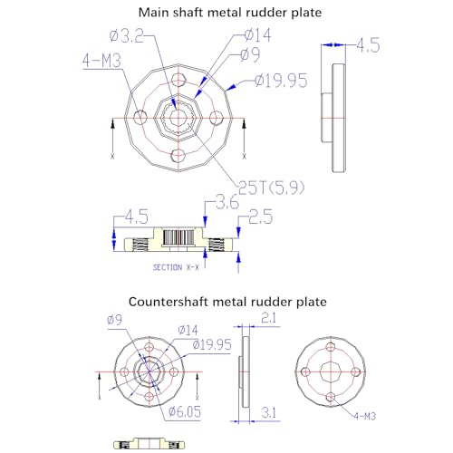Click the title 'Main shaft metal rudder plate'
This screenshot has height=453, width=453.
[x=230, y=13]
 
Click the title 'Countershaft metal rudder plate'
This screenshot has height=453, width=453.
[x=227, y=302]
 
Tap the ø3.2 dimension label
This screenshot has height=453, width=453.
[x=126, y=36]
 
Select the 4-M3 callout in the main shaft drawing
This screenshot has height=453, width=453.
[x=101, y=61]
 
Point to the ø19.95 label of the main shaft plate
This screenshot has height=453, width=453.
[x=281, y=81]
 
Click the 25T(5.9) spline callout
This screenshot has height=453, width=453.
[x=272, y=188]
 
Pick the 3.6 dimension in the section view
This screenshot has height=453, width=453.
[x=227, y=202]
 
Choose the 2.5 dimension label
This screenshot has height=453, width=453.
[x=261, y=217]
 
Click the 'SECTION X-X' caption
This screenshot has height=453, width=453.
[x=176, y=267]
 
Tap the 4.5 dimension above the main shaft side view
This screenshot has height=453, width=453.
[x=368, y=45]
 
